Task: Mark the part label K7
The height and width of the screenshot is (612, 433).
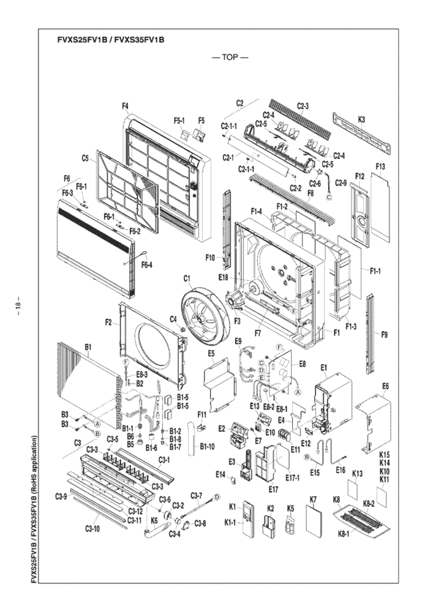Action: [x=313, y=500]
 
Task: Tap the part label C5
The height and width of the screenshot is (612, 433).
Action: [x=86, y=158]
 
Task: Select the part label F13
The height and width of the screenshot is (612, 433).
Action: [x=380, y=166]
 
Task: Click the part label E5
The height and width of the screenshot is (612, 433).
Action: [x=211, y=353]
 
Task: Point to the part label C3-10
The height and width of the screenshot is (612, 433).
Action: [x=92, y=528]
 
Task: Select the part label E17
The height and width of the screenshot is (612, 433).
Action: [x=273, y=489]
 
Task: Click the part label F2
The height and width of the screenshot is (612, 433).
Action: [x=108, y=322]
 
